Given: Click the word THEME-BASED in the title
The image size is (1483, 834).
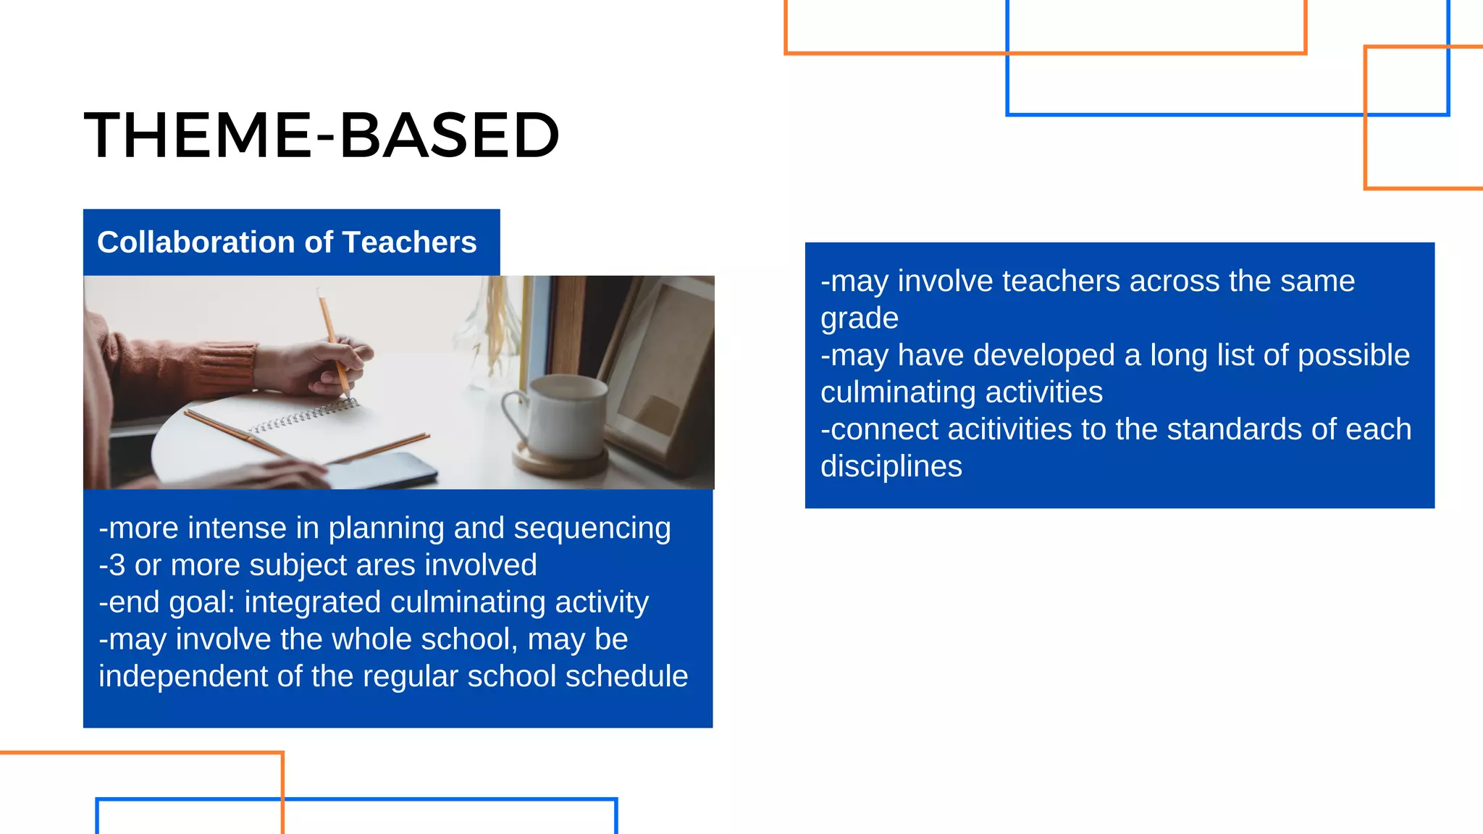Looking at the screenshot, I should click(322, 135).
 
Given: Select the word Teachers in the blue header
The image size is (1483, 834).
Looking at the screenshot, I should click(409, 243).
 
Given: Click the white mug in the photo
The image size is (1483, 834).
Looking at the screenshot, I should click(568, 416).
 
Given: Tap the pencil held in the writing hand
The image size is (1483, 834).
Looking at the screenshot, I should click(332, 340).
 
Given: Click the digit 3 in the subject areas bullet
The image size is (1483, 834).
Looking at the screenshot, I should click(117, 565).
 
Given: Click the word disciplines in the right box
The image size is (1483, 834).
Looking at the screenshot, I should click(891, 467).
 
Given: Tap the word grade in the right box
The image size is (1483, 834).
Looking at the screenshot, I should click(859, 319).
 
